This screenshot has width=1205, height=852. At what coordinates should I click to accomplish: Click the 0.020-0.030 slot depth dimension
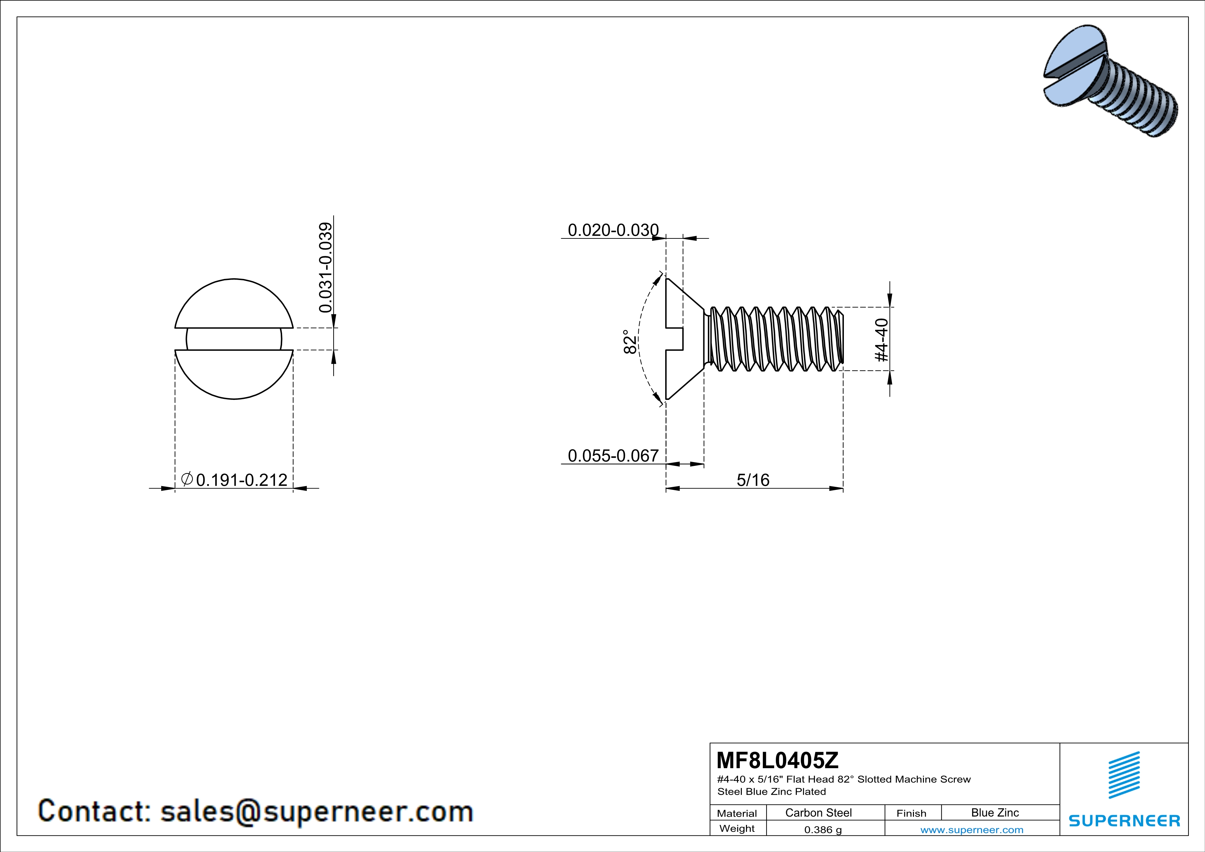coord(613,230)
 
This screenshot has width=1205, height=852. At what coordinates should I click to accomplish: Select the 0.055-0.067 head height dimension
coord(613,456)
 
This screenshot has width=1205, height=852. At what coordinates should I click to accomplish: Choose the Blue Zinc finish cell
coord(994,812)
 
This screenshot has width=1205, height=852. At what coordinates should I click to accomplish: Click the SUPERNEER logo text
coord(1124,820)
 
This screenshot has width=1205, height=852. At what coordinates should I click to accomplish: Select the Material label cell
coord(737,813)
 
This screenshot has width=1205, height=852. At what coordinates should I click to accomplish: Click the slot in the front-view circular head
coord(234,339)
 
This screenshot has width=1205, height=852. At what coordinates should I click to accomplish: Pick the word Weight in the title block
coord(737,828)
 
